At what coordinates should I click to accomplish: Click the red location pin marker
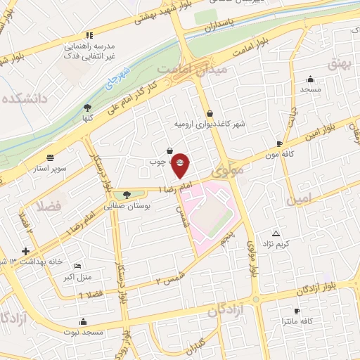click(x=180, y=165)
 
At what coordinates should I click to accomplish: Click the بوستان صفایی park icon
click(x=127, y=195)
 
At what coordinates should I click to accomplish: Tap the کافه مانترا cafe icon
click(x=297, y=310)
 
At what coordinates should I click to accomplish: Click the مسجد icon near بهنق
click(x=310, y=79)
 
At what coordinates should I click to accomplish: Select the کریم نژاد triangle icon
click(x=276, y=233)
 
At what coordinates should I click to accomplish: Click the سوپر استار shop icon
click(x=49, y=158)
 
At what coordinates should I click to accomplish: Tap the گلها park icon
click(x=87, y=108)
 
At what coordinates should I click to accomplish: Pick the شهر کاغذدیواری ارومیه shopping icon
click(x=210, y=113)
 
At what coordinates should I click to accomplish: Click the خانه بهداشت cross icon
click(x=25, y=251)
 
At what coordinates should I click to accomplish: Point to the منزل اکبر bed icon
click(x=77, y=266)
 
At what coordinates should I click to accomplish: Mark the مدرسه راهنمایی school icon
click(x=89, y=34)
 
